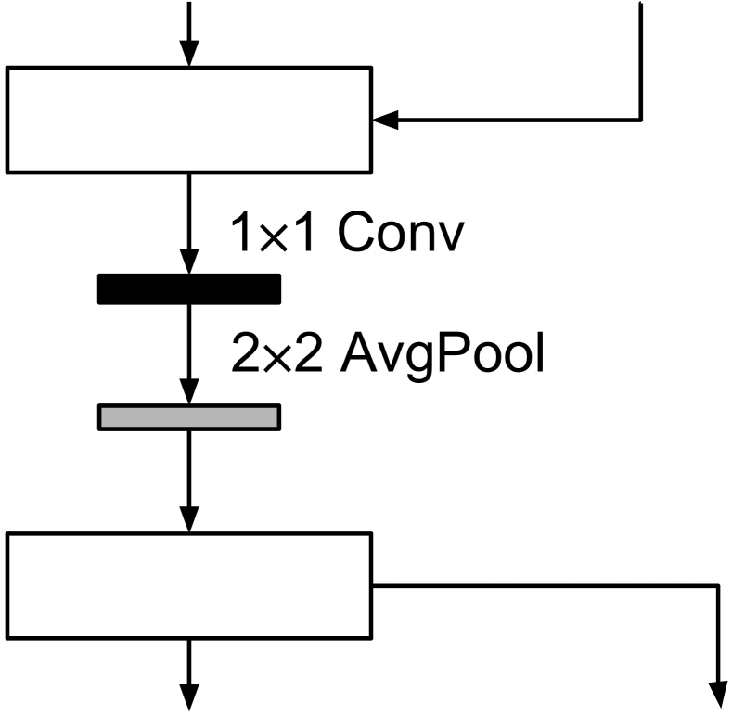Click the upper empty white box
[x=189, y=120]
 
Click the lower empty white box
[x=189, y=585]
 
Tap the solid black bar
[x=189, y=289]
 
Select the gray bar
[x=189, y=417]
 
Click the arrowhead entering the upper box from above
[x=189, y=56]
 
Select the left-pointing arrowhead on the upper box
[x=384, y=120]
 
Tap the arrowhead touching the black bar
[x=189, y=263]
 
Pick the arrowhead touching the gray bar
[x=189, y=393]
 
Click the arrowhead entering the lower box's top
[x=189, y=521]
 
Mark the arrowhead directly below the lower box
[x=189, y=696]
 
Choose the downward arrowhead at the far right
[x=719, y=696]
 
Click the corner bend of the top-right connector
[x=640, y=120]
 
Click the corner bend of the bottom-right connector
[x=719, y=585]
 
